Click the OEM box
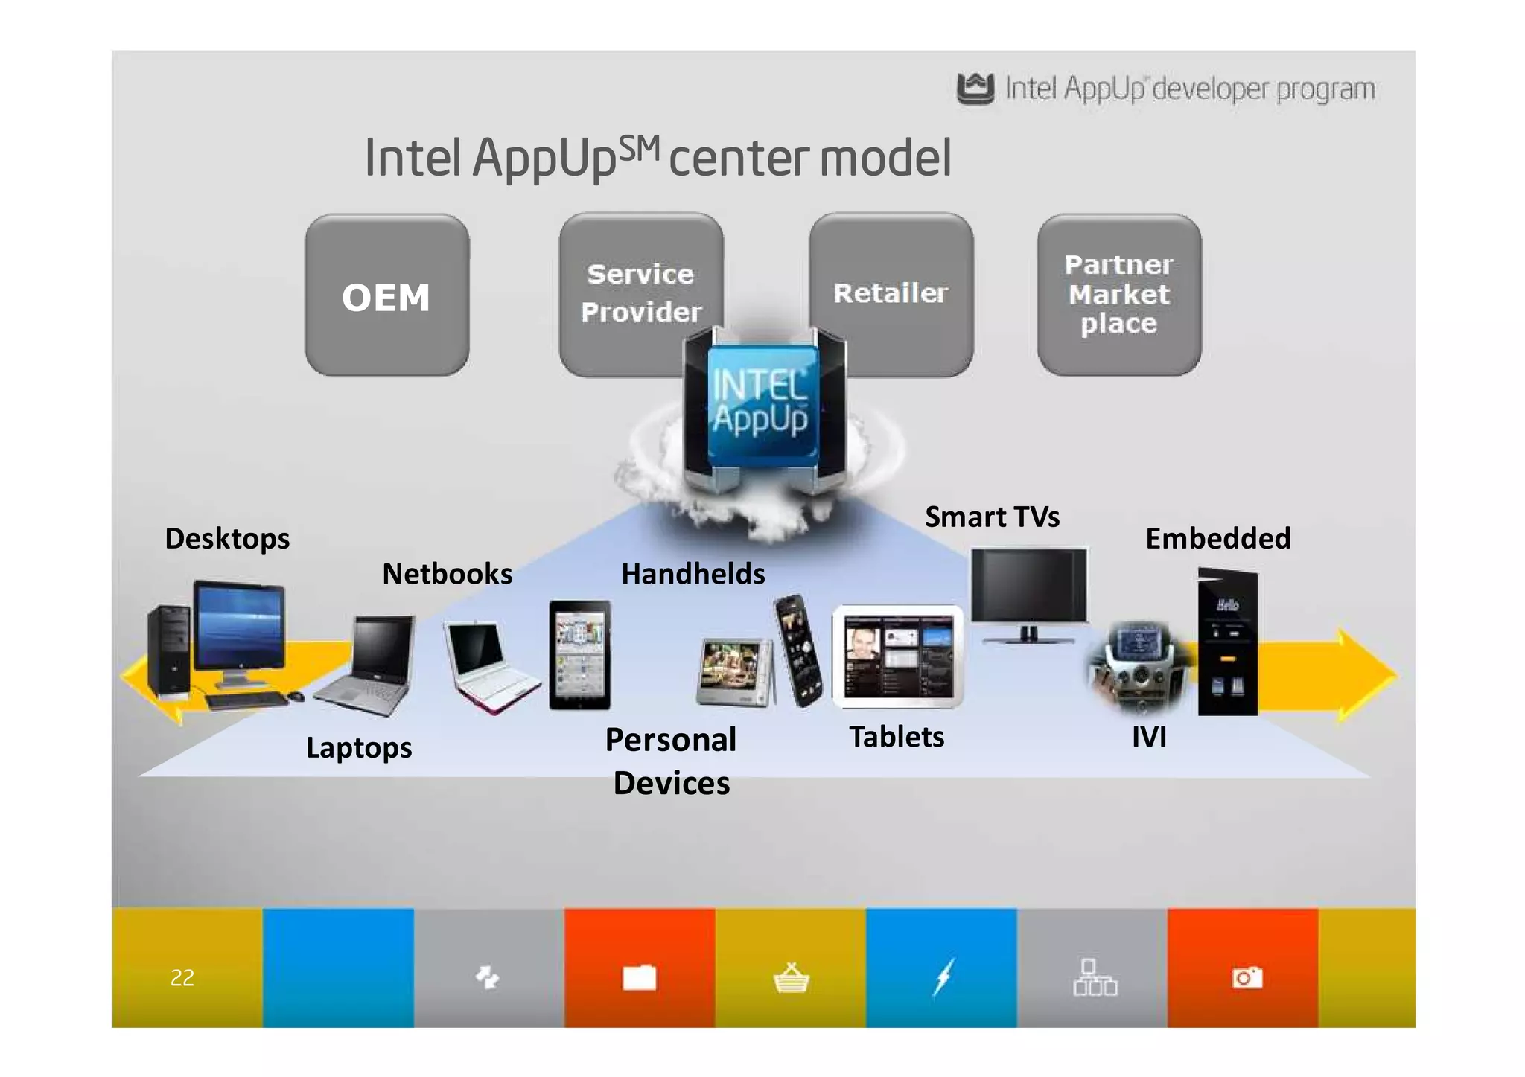pos(386,295)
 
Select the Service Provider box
pos(640,293)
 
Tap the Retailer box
pos(891,293)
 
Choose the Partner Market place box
pos(1118,294)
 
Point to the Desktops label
pos(227,539)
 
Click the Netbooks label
pos(447,574)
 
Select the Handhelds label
pos(693,574)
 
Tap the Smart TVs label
pos(992,517)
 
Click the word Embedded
pos(1217,538)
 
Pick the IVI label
pos(1149,737)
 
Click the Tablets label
pos(897,737)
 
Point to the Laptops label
pos(359,747)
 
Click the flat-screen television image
pos(1028,588)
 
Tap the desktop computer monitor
pos(239,629)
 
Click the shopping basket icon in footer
pos(791,977)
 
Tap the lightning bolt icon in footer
pos(943,977)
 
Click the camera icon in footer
pos(1247,977)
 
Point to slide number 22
pos(182,977)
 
